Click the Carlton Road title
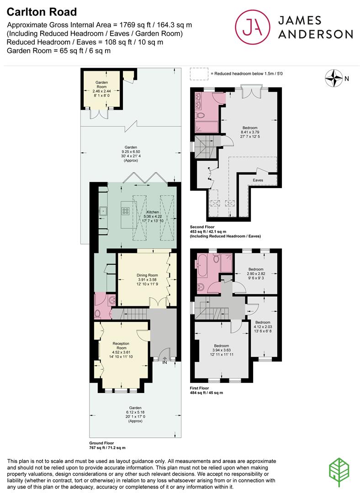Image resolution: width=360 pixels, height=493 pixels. [42, 12]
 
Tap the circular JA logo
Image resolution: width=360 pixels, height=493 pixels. [253, 27]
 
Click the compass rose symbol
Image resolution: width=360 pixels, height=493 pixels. [334, 79]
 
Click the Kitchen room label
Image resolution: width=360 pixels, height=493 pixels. [153, 212]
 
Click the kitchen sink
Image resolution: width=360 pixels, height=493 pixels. [103, 211]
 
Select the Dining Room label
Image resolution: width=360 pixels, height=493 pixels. [147, 275]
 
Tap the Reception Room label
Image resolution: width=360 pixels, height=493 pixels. [122, 346]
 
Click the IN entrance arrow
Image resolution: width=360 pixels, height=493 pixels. [164, 359]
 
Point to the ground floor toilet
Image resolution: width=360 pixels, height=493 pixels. [98, 314]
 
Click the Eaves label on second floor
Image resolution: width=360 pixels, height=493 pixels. [258, 180]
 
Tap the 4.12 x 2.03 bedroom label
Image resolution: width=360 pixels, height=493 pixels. [263, 327]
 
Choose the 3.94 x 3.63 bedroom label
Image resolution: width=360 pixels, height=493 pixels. [222, 350]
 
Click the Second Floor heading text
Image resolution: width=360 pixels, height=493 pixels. [202, 227]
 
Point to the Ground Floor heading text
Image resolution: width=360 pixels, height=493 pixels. [101, 443]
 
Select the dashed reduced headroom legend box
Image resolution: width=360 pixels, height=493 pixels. [199, 74]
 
